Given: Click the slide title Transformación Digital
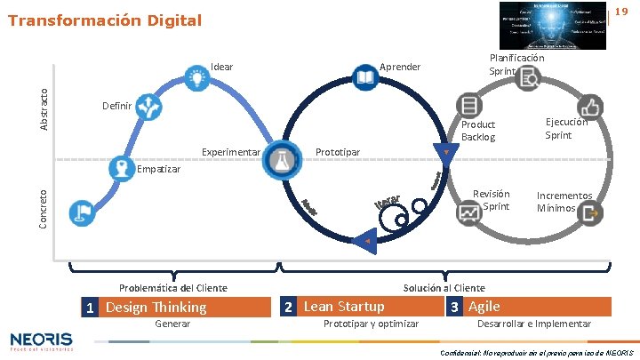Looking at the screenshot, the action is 105,20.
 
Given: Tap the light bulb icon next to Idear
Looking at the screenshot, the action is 196,78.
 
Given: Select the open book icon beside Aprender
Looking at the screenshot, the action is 364,78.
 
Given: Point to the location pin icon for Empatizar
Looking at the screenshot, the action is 120,167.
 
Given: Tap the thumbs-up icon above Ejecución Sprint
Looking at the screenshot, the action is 590,106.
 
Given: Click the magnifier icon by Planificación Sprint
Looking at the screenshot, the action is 527,78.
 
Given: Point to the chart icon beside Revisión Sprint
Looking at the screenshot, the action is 468,212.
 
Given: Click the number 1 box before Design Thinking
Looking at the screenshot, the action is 90,308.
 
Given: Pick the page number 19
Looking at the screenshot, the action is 621,11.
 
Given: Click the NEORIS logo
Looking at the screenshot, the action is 42,340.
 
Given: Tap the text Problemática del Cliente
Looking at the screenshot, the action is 173,288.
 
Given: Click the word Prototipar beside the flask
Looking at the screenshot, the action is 338,152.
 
